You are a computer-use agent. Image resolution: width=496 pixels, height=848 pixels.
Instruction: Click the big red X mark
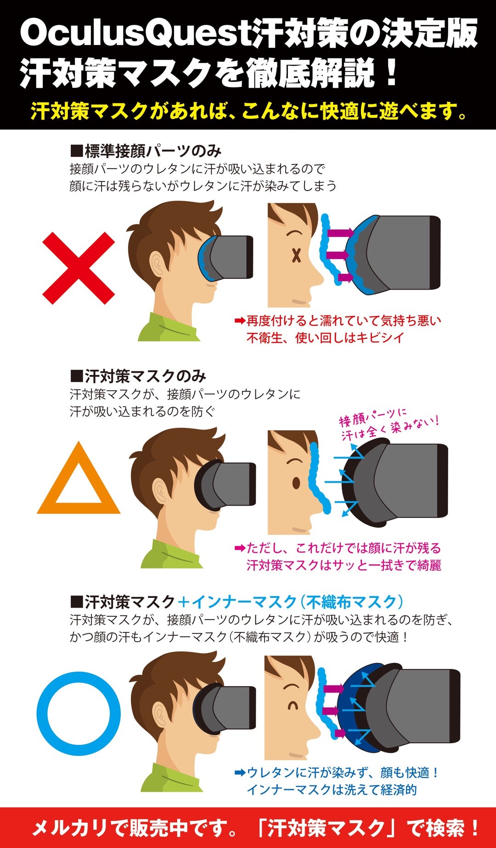(78, 268)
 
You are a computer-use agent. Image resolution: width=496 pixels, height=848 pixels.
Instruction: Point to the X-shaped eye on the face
(296, 255)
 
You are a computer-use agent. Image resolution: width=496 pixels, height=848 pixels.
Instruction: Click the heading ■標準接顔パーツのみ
(146, 151)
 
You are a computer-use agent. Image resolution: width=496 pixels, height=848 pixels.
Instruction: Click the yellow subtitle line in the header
(248, 111)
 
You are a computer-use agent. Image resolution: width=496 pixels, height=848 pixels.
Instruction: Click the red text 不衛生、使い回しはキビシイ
(325, 338)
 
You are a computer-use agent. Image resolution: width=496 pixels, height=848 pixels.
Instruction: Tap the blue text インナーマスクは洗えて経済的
(331, 790)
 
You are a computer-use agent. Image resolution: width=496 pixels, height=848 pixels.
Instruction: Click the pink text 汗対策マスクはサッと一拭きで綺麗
(344, 565)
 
